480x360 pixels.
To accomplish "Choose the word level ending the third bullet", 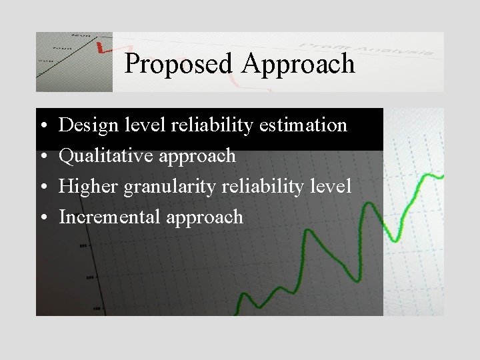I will (x=330, y=187).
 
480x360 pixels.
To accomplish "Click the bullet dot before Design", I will (x=42, y=126).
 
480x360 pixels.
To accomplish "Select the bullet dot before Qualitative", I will (x=42, y=157).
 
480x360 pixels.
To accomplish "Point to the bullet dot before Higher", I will (x=42, y=187).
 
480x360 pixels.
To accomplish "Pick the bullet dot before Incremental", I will (x=42, y=218).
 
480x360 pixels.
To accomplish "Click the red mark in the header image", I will (x=102, y=48).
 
